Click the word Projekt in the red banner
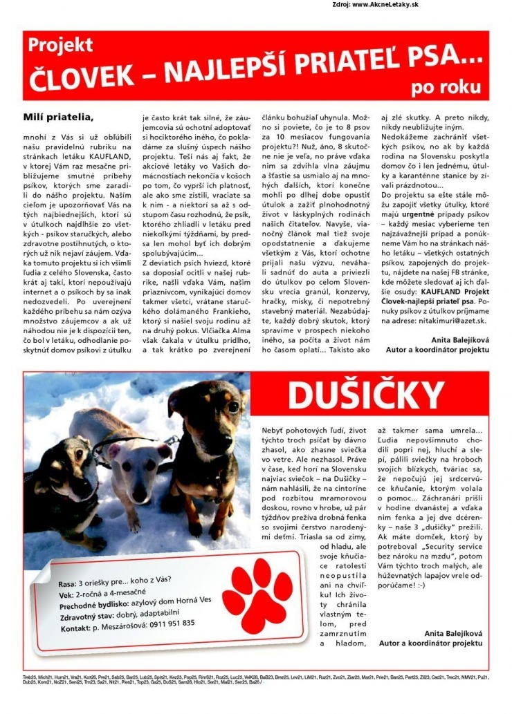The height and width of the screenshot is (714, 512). tap(60, 44)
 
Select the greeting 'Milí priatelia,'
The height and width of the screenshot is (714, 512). tap(57, 115)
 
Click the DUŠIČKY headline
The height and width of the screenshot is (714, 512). tap(366, 395)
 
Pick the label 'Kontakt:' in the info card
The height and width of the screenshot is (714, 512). tap(76, 629)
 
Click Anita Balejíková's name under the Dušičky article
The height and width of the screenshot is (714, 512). tap(453, 633)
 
